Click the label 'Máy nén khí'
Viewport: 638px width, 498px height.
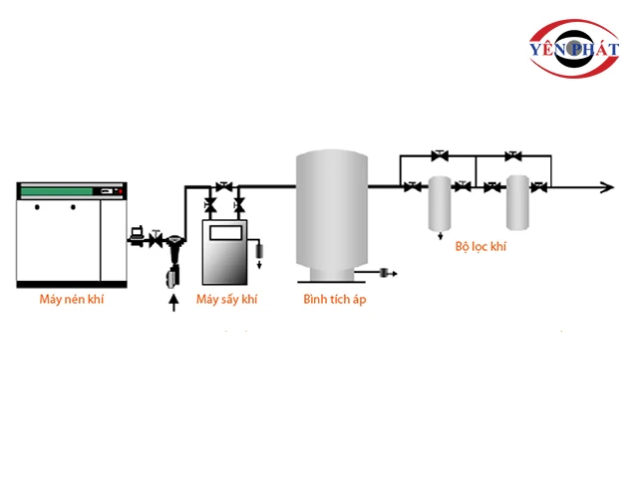pos(72,299)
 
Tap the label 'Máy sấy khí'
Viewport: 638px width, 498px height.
pos(226,299)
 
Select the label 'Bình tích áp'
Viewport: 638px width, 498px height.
pos(334,299)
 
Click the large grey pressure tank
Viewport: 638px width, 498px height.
pos(333,209)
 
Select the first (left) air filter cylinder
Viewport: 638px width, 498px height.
pos(440,204)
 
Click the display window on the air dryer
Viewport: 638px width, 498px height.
pos(225,232)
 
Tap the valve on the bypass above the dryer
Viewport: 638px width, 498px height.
pos(224,186)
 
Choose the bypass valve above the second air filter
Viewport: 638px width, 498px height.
pos(512,155)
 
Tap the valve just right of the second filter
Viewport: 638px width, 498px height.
pos(538,186)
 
